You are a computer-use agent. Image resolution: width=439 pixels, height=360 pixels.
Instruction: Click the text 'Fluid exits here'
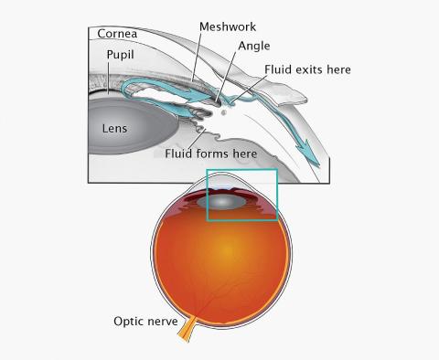(x=307, y=69)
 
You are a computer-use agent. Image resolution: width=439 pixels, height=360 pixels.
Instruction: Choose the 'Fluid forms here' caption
(x=212, y=154)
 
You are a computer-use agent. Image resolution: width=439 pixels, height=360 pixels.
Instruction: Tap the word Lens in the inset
(x=115, y=129)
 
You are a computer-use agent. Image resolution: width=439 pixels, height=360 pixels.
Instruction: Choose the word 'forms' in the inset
(x=213, y=154)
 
